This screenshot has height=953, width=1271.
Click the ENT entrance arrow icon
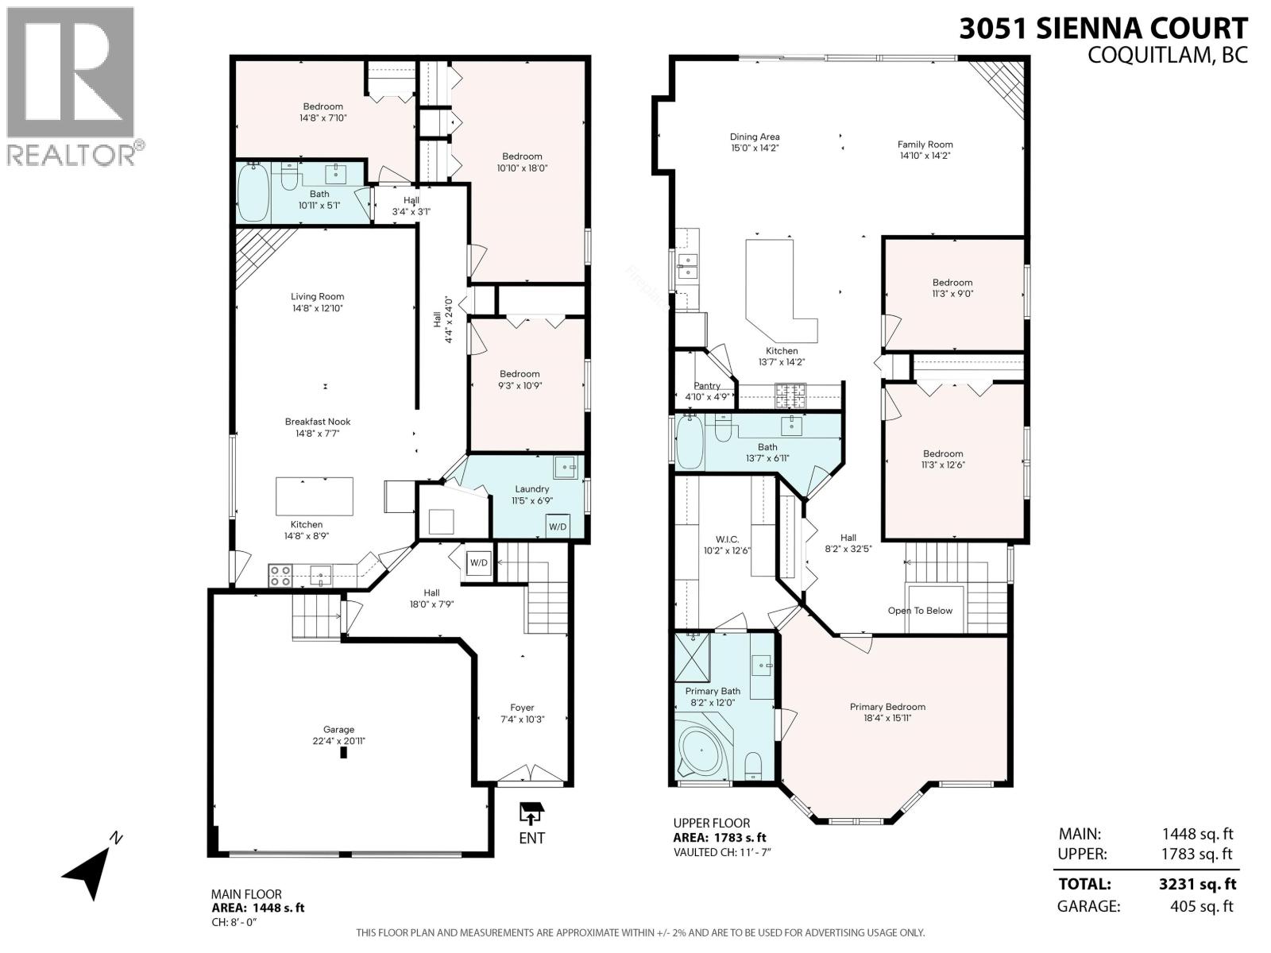(531, 815)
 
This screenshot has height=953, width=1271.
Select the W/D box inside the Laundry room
(558, 527)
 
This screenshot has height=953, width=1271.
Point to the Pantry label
(706, 386)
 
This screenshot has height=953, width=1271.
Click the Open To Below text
(920, 611)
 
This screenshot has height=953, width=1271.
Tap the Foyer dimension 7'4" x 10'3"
(522, 720)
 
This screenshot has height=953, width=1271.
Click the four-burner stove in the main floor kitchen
(279, 575)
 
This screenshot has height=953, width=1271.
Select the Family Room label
(925, 145)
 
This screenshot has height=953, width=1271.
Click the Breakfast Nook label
(318, 422)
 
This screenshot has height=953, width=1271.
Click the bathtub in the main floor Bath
(254, 193)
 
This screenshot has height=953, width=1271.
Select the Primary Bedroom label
(887, 707)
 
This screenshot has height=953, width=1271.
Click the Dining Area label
(755, 137)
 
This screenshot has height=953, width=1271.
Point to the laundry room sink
(567, 467)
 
